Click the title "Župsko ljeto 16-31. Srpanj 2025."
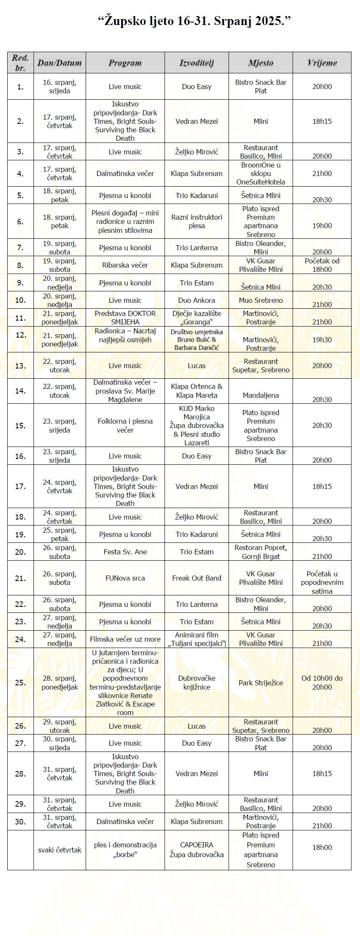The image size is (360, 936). pyautogui.click(x=194, y=21)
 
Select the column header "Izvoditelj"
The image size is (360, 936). pyautogui.click(x=197, y=63)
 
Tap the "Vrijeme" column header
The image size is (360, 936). pyautogui.click(x=322, y=63)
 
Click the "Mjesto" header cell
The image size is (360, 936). pyautogui.click(x=261, y=63)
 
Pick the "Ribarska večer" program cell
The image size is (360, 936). pyautogui.click(x=125, y=265)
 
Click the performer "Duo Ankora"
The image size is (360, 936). pyautogui.click(x=197, y=300)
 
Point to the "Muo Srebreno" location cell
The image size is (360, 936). pyautogui.click(x=261, y=300)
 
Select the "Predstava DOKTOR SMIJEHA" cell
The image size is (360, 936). pyautogui.click(x=125, y=318)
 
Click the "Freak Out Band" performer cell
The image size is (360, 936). pyautogui.click(x=197, y=578)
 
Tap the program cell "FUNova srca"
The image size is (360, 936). pyautogui.click(x=125, y=578)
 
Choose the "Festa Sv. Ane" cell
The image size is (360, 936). pyautogui.click(x=125, y=552)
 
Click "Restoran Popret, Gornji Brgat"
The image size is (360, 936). pyautogui.click(x=261, y=552)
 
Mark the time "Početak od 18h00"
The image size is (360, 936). pyautogui.click(x=322, y=265)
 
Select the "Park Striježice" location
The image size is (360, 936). pyautogui.click(x=261, y=683)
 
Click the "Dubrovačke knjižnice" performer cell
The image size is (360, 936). pyautogui.click(x=197, y=682)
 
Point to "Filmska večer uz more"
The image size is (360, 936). pyautogui.click(x=125, y=639)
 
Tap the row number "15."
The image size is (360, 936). pyautogui.click(x=20, y=425)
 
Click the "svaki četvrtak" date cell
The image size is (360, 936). pyautogui.click(x=60, y=850)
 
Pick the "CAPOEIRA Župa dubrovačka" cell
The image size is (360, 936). pyautogui.click(x=197, y=850)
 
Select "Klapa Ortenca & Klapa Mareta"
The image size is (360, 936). pyautogui.click(x=197, y=391)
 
